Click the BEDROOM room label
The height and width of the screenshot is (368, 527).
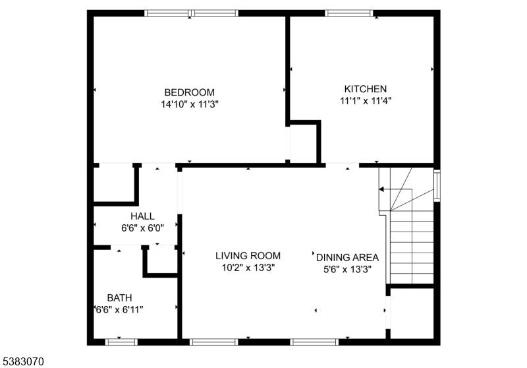coord(189,92)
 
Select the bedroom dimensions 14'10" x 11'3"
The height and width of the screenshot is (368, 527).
coord(189,104)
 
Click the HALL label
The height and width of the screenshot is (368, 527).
coord(142,216)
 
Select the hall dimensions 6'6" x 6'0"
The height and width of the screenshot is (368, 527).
coord(142,227)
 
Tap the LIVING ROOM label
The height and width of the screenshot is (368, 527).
coord(248,256)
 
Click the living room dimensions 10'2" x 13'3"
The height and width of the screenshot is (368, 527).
coord(248,267)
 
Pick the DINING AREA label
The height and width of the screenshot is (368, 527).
coord(348,257)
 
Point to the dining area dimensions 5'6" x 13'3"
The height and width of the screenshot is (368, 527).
coord(348,268)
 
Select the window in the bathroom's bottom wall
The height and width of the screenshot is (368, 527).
coord(122,342)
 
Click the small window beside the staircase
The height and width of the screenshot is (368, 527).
coord(437,185)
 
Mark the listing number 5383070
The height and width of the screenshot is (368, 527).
coord(24,361)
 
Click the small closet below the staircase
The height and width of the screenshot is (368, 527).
coord(412,313)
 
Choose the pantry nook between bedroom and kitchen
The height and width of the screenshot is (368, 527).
coord(303,142)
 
